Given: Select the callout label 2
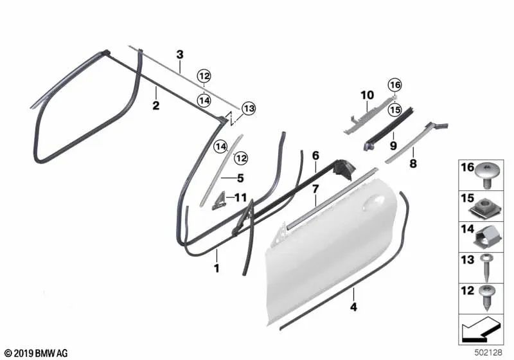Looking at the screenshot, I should click(155, 106).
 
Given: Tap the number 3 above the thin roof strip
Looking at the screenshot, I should click(180, 54).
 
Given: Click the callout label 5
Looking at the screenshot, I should click(240, 179).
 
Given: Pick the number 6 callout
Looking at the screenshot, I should click(315, 156).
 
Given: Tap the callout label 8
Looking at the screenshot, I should click(413, 165).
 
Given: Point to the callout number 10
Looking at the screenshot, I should click(367, 95).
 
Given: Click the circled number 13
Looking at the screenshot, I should click(249, 109).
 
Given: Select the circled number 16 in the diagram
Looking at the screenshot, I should click(394, 85).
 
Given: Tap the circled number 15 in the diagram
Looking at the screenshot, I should click(394, 110).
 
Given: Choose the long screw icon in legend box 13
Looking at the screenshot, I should click(486, 266).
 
